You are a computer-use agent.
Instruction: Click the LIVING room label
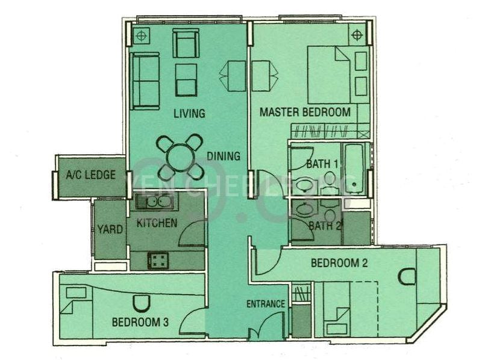point(189,113)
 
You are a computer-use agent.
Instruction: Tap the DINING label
point(224,157)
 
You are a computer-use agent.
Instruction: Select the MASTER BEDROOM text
point(305,112)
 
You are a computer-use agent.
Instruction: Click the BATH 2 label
point(325,226)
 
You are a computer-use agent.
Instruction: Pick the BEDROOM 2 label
point(339,263)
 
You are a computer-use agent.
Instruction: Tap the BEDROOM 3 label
point(140,322)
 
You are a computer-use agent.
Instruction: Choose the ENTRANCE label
point(266,304)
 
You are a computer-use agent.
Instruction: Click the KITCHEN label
point(157,223)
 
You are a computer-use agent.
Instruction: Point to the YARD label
point(110,229)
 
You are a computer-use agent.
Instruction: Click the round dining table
point(180,157)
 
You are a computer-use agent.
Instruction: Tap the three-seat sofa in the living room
point(145,81)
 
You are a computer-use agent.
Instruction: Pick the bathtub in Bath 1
point(354,168)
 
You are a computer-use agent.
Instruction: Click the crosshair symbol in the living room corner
point(141,36)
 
